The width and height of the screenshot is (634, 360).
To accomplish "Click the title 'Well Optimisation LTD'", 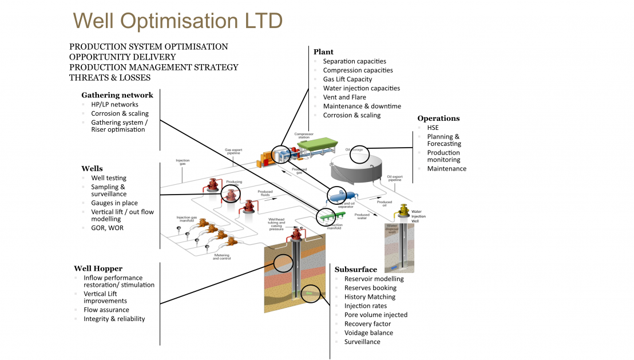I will (x=178, y=21).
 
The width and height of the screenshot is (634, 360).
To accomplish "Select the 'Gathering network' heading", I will (x=117, y=95).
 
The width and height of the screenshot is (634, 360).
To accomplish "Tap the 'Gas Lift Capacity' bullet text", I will (x=347, y=79).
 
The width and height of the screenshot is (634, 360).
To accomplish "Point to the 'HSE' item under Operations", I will (x=433, y=128).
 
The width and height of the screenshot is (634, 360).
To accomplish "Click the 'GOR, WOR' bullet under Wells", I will (x=107, y=228).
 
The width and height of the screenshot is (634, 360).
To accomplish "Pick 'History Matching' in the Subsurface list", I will (x=370, y=297).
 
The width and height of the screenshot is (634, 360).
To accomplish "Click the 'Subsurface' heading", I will (x=356, y=270).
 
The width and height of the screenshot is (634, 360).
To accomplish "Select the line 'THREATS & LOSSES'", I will (x=110, y=77).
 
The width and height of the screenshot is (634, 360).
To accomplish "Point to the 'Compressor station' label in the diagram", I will (x=304, y=136).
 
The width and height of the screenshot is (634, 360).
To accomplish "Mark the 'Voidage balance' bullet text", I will (x=368, y=333).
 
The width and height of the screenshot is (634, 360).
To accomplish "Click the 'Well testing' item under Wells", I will (x=109, y=178).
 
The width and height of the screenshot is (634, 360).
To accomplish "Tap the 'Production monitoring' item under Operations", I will (x=443, y=156).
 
